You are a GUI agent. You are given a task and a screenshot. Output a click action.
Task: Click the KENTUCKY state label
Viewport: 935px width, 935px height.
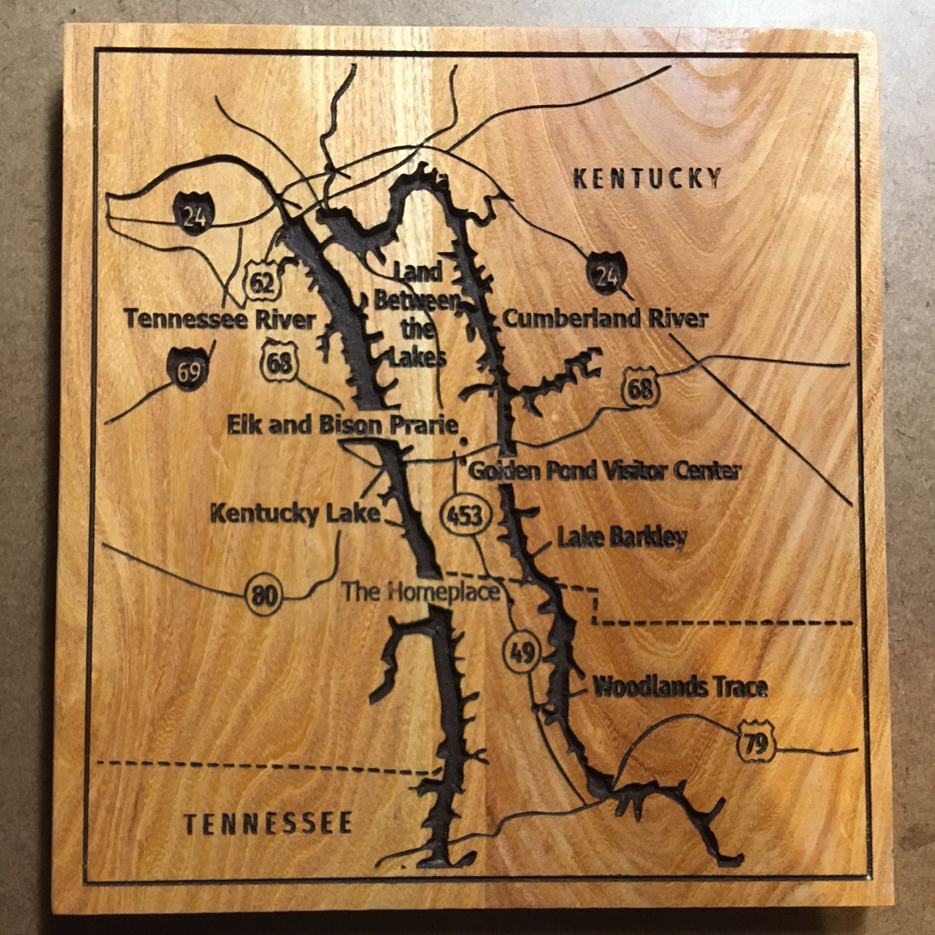(x=647, y=178)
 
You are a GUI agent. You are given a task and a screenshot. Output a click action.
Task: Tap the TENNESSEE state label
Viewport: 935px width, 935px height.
(x=269, y=824)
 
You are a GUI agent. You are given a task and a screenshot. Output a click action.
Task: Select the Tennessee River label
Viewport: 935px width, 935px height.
(x=220, y=320)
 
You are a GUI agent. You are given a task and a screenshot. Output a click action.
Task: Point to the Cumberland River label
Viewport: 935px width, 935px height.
(x=605, y=319)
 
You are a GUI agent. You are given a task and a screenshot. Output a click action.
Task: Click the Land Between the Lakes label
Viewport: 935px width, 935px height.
(x=416, y=314)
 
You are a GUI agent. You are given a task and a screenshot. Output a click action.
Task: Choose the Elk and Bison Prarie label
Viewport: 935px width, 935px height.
(x=343, y=425)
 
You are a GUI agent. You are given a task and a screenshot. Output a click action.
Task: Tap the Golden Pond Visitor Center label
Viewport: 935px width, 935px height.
(x=604, y=471)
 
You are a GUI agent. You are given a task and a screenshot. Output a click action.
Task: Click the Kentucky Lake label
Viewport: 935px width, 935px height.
(x=295, y=513)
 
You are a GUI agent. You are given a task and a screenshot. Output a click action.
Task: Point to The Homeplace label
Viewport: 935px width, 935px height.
(x=421, y=592)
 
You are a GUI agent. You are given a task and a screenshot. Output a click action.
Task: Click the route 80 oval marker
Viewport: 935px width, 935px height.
(x=266, y=596)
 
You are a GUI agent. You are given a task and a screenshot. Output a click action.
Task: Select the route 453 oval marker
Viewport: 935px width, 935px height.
(x=465, y=514)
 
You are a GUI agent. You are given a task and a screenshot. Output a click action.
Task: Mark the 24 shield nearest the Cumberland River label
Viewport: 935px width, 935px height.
(x=607, y=275)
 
